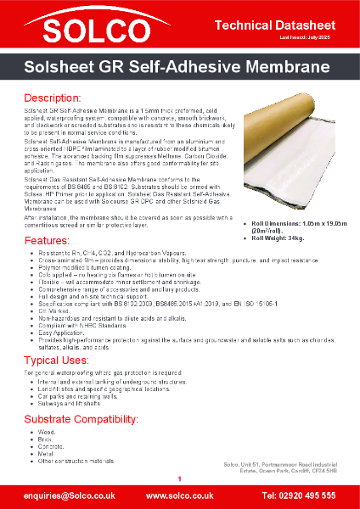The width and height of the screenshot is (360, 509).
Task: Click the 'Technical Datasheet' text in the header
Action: pos(284,19)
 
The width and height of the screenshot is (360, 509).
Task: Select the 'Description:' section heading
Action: pos(52,98)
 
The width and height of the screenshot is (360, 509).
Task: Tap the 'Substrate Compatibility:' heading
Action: pos(81,420)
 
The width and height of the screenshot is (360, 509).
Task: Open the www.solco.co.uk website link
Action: pos(180,495)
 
